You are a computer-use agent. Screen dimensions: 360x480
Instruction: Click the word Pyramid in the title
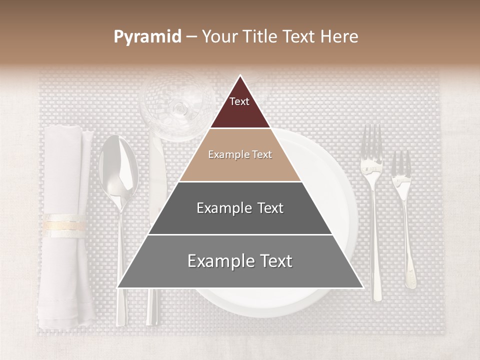click(x=147, y=37)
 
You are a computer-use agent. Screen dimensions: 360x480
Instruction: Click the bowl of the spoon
click(x=118, y=167)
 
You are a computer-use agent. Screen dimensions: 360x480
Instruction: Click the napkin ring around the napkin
click(x=64, y=225)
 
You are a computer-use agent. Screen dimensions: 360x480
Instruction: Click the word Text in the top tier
click(x=239, y=102)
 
